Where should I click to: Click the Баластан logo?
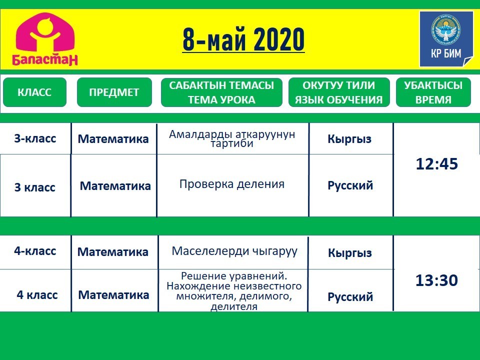pos(44,39)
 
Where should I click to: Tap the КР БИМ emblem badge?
pos(446,39)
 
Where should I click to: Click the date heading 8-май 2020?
pos(243,40)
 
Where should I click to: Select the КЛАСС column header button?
pos(34,92)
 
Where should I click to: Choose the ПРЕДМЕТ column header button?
pos(114,92)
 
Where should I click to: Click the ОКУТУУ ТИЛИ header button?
pos(339,92)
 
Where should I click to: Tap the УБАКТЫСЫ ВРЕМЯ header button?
pos(433,92)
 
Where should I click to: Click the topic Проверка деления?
pos(232,184)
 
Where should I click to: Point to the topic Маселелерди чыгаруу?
pos(234,251)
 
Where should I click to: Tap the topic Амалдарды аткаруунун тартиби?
pos(232,138)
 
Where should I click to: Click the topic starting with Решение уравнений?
pos(234,291)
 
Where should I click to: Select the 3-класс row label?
pos(35,138)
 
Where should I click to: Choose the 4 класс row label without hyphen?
pos(37,295)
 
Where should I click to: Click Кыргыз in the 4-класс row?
pos(350,253)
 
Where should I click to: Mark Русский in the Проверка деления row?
pos(350,185)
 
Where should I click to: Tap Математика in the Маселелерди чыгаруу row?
pos(112,252)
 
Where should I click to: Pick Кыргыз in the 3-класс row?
pos(349,139)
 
